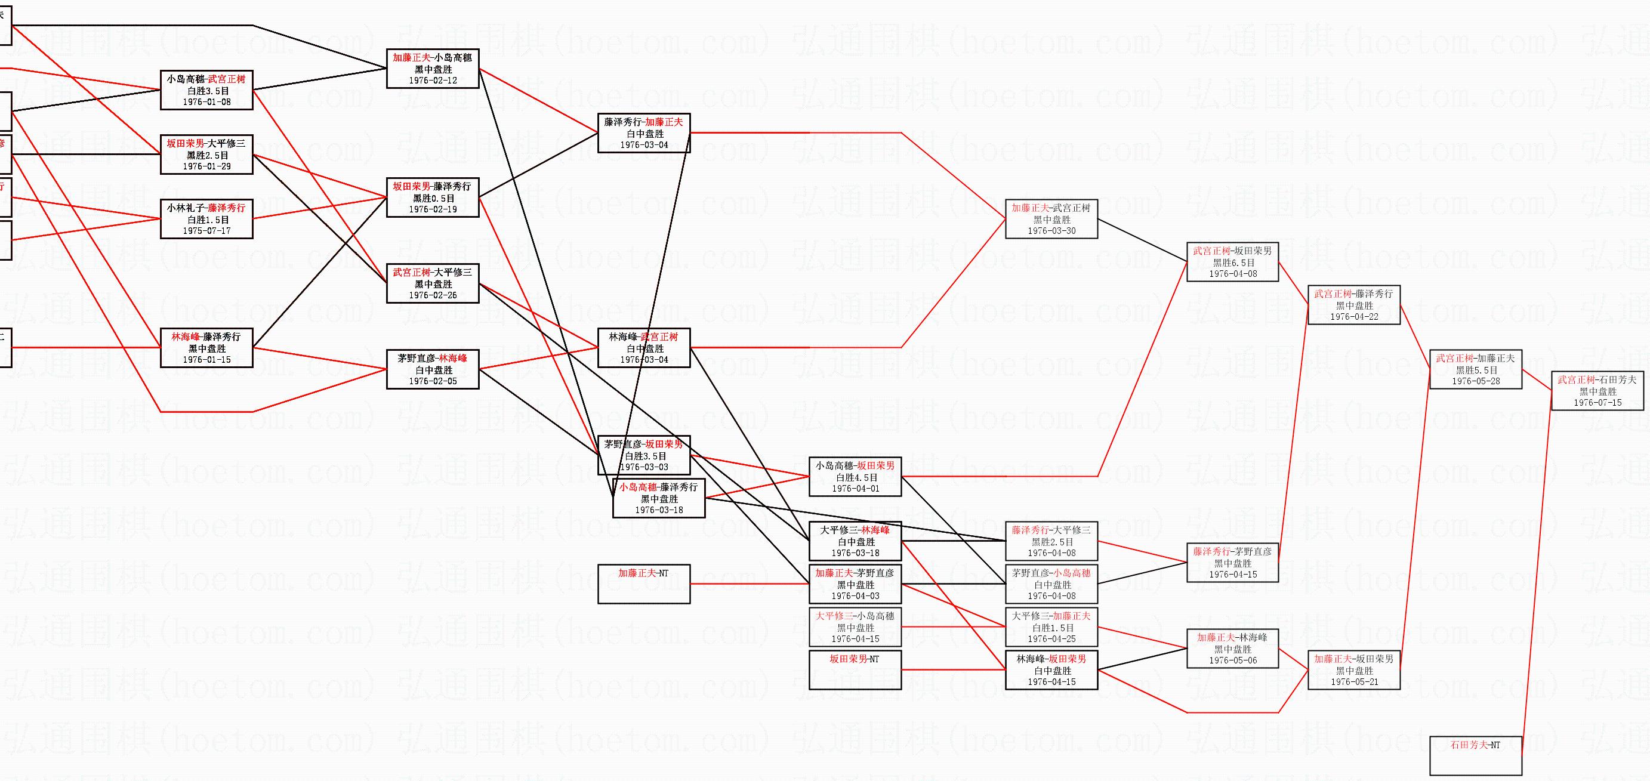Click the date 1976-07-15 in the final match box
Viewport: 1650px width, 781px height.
tap(1597, 403)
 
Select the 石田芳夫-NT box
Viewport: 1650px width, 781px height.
tap(1475, 755)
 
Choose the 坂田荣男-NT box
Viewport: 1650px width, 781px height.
tap(855, 669)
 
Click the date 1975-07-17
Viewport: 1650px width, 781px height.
tap(206, 230)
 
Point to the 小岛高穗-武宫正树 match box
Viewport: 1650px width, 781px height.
tap(206, 90)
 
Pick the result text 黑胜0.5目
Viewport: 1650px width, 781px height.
tap(433, 198)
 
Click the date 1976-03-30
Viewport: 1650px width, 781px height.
tap(1051, 230)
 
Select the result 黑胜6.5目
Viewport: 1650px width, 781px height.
tap(1233, 263)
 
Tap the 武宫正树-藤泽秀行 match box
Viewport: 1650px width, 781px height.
tap(1353, 305)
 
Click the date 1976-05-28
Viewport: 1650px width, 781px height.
tap(1475, 381)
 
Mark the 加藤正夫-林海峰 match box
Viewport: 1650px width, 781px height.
tap(1232, 649)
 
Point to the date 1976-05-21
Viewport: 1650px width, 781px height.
tap(1353, 682)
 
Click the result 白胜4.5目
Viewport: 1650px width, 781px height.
tap(855, 477)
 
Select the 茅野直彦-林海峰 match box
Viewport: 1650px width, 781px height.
tap(433, 369)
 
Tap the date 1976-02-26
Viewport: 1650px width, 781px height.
tap(433, 295)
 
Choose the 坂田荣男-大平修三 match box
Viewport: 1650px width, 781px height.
tap(206, 155)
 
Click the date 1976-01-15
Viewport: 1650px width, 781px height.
tap(206, 360)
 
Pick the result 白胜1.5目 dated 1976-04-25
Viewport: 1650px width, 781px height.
tap(1051, 627)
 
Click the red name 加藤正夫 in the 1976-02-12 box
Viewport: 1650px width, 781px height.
tap(412, 58)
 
